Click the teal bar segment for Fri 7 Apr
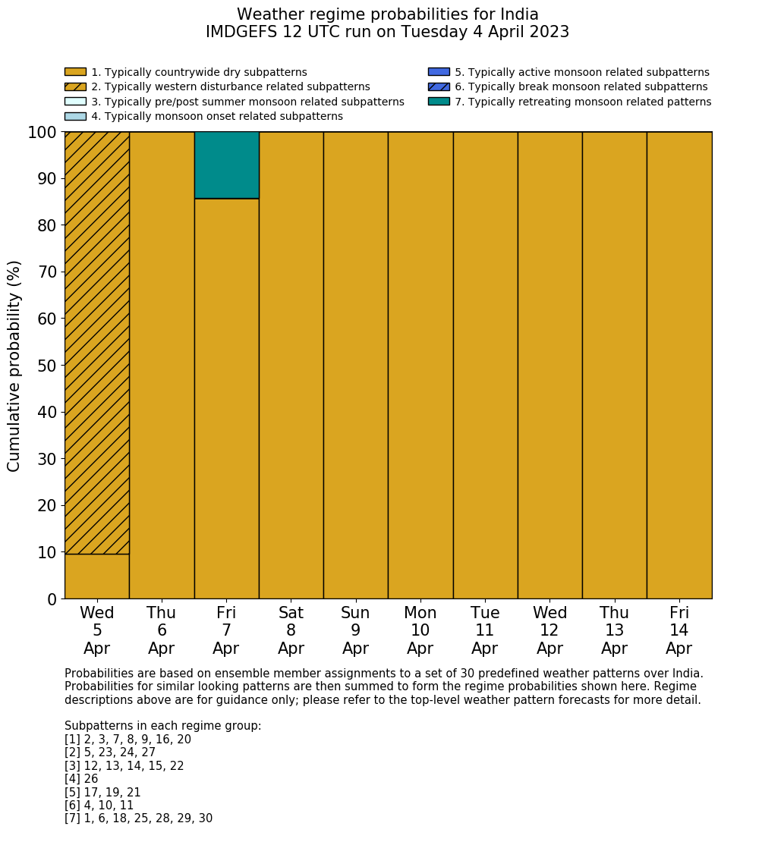pos(226,165)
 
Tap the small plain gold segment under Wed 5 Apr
pos(97,576)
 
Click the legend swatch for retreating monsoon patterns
pos(439,102)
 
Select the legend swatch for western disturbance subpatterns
pos(75,87)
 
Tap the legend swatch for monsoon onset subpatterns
pos(75,116)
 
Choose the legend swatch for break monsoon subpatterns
pos(439,87)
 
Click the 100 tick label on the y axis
pos(43,133)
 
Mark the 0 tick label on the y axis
pos(52,600)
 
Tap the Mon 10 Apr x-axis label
pos(420,630)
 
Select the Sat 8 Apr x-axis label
pos(291,630)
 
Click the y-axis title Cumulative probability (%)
pos(14,366)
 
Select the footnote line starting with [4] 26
pos(81,779)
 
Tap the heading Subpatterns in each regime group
pos(162,726)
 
